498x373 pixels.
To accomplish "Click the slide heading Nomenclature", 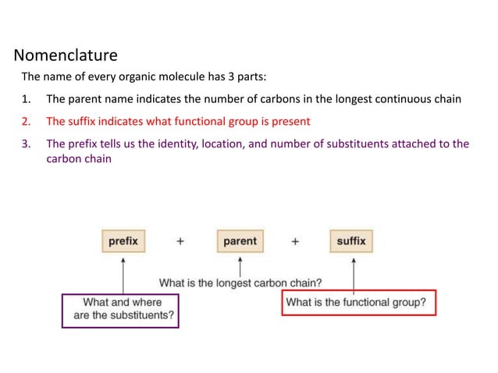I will (66, 55).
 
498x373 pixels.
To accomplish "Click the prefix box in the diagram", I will (123, 241).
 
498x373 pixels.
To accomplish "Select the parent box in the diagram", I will (240, 241).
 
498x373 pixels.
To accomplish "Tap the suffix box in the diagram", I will (350, 241).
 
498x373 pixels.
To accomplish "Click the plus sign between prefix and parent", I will (180, 242).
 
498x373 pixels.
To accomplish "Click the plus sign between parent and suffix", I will (295, 242).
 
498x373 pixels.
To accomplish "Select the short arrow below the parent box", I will (240, 265).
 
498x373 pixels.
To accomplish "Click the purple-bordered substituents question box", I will (120, 310).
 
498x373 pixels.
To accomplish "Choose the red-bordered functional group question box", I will (357, 302).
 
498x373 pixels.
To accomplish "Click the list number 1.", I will (25, 99).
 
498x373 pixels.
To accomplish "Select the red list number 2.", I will (25, 122).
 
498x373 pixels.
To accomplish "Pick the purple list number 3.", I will (25, 144).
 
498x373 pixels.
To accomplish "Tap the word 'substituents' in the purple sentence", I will (365, 144).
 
